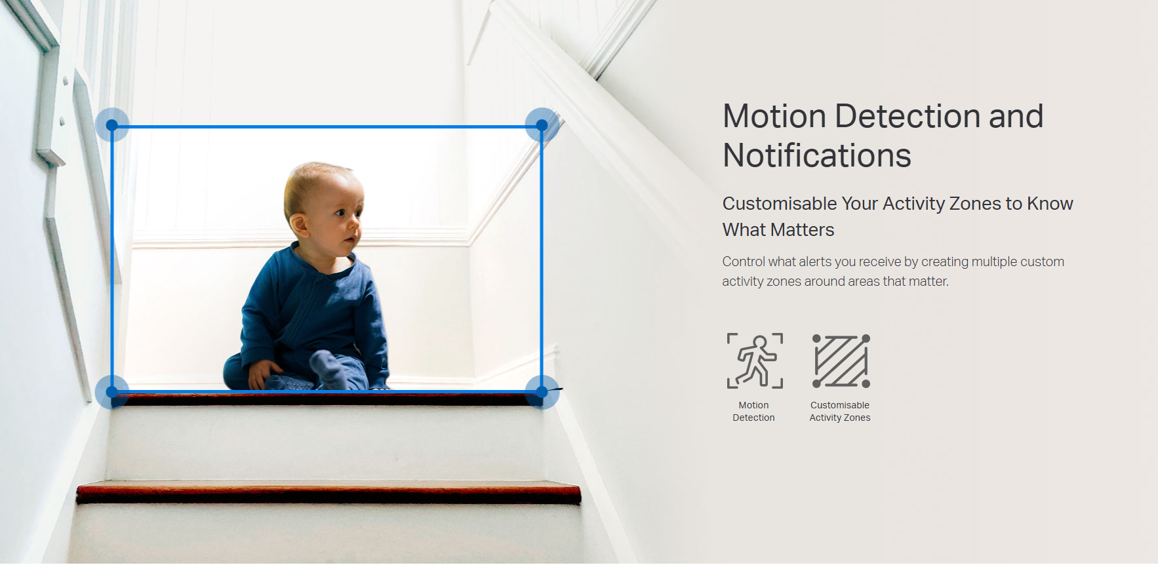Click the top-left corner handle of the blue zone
coord(112,125)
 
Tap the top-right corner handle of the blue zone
coord(542,125)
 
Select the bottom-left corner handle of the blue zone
coord(112,392)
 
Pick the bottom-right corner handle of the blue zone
coord(542,392)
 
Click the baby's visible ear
coord(299,225)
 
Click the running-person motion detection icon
coord(755,361)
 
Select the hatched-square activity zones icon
coord(841,361)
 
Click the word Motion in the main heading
coord(774,117)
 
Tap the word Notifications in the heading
coord(817,156)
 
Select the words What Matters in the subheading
coord(778,230)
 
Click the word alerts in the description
coord(815,262)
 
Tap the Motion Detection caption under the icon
coord(753,412)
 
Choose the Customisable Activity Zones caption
coord(840,412)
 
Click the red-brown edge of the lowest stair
coord(329,494)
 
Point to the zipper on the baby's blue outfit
coord(313,298)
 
